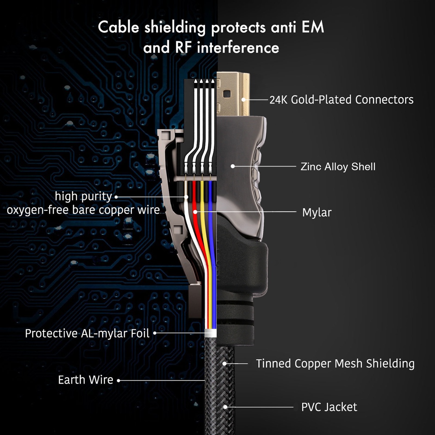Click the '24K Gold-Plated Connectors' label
(x=341, y=100)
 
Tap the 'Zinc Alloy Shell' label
(x=338, y=167)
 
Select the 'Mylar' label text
(x=316, y=212)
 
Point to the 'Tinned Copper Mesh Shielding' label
(x=335, y=364)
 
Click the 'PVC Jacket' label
(x=329, y=407)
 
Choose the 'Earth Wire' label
(x=86, y=380)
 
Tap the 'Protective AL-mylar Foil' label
(x=87, y=333)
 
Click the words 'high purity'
(x=83, y=196)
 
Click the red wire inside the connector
(x=195, y=203)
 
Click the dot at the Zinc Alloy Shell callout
(x=233, y=166)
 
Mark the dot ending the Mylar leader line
(x=195, y=212)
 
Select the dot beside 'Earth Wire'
(x=119, y=380)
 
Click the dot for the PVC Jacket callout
(x=225, y=407)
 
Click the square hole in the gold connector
(x=227, y=94)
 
